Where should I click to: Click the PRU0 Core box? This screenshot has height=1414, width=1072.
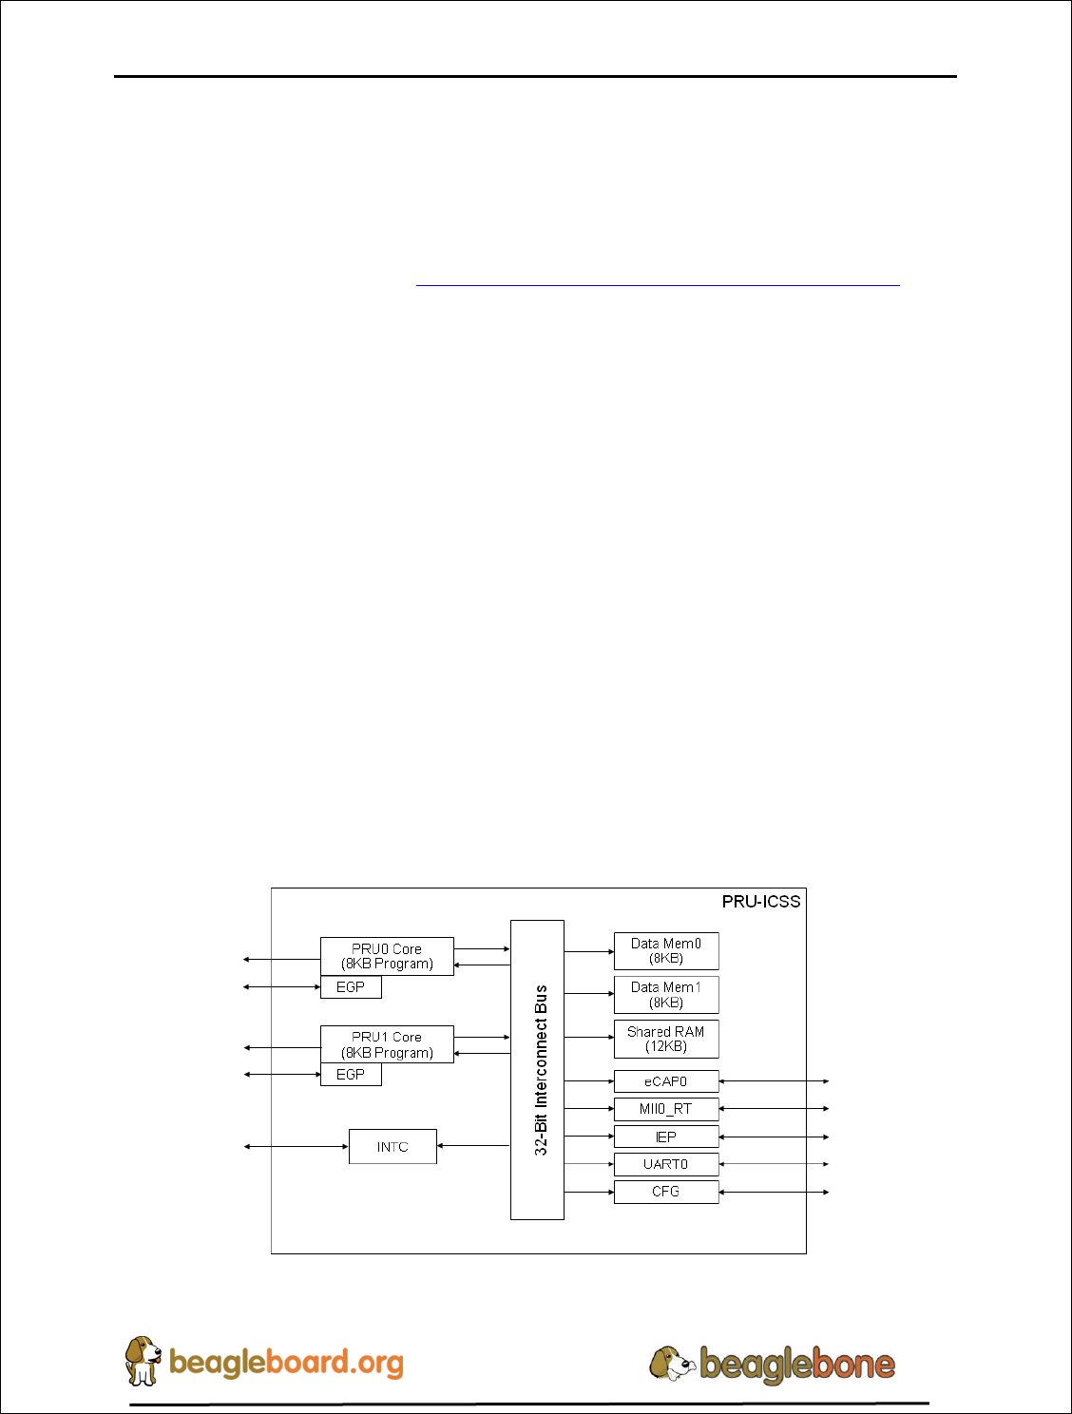(387, 956)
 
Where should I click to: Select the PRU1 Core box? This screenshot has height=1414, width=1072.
(387, 1044)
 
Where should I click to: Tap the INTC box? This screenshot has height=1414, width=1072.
(392, 1147)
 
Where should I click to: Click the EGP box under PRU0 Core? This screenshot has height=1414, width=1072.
(351, 987)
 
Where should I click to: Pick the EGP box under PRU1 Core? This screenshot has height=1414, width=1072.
(351, 1075)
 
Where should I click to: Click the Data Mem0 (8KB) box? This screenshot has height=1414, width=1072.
(666, 951)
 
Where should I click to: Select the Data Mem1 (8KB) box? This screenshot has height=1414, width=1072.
(666, 995)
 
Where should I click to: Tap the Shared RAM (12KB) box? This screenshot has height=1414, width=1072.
(666, 1039)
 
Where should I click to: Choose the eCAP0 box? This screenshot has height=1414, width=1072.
(666, 1081)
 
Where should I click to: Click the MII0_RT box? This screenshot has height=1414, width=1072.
(666, 1109)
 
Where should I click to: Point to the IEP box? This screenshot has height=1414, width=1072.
(666, 1137)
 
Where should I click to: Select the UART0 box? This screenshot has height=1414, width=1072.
(666, 1164)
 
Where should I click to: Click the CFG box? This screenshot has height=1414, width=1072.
(666, 1192)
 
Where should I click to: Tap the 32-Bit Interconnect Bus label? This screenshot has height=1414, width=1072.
(541, 1070)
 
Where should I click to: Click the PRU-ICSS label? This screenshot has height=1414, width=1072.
(761, 902)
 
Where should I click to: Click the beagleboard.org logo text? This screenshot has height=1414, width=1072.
(286, 1363)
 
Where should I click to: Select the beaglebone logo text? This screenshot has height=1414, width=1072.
(797, 1365)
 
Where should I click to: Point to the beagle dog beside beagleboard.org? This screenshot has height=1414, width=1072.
(144, 1360)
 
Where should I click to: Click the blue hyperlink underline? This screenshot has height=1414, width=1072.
(658, 284)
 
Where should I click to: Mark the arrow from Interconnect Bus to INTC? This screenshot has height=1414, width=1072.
(473, 1146)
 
